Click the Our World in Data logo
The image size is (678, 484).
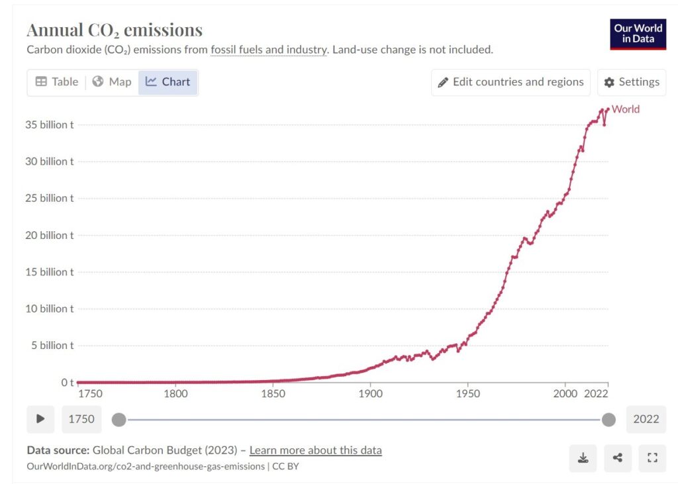pyautogui.click(x=638, y=34)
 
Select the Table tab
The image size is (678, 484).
pyautogui.click(x=56, y=82)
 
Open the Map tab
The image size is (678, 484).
pyautogui.click(x=112, y=82)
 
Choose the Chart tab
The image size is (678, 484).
pyautogui.click(x=168, y=82)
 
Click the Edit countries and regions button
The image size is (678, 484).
pyautogui.click(x=510, y=82)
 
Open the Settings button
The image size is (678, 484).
pyautogui.click(x=632, y=82)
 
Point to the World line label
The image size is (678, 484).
pyautogui.click(x=626, y=109)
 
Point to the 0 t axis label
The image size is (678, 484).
pyautogui.click(x=68, y=382)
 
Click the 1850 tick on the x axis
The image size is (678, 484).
pyautogui.click(x=273, y=393)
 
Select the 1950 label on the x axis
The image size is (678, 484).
pyautogui.click(x=468, y=393)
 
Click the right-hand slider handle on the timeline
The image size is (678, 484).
pyautogui.click(x=608, y=419)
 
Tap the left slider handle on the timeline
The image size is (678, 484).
pyautogui.click(x=119, y=419)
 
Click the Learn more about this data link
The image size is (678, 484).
pyautogui.click(x=315, y=450)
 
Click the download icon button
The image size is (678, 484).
pyautogui.click(x=583, y=458)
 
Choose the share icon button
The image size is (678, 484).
pyautogui.click(x=618, y=458)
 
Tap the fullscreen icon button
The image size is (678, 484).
pyautogui.click(x=652, y=458)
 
